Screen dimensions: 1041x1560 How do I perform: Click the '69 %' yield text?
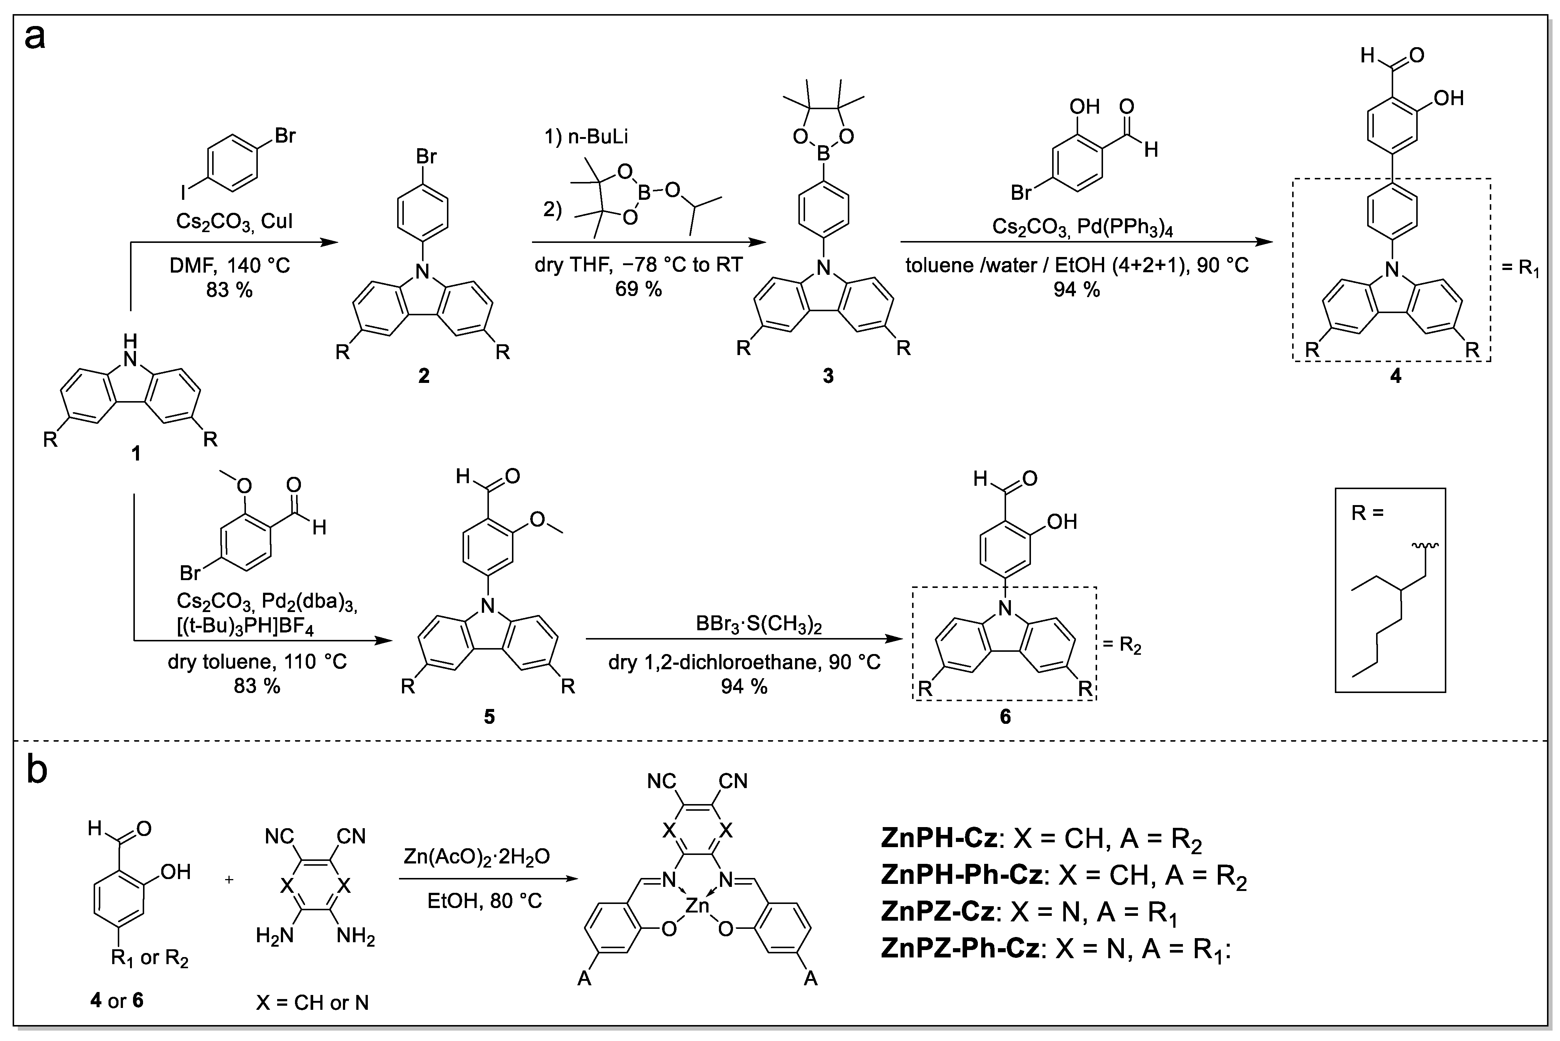coord(638,289)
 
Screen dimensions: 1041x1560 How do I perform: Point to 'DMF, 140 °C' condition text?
coord(229,266)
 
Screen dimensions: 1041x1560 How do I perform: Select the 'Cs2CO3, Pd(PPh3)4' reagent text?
coord(1077,227)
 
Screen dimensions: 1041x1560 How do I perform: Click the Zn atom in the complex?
coord(697,905)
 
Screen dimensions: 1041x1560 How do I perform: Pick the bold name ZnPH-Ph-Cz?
coord(961,875)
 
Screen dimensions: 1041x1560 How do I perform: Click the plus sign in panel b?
coord(229,880)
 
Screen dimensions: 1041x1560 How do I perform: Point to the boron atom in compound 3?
coord(824,154)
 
